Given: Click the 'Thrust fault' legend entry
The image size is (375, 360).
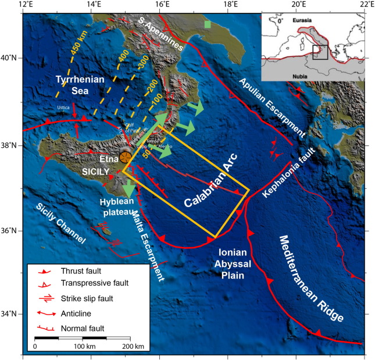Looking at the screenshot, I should [x=81, y=272].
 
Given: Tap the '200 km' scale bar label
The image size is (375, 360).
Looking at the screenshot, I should [x=130, y=346].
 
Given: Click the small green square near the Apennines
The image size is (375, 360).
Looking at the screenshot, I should [x=208, y=24].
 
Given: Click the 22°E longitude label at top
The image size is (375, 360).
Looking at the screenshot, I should [x=364, y=5].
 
